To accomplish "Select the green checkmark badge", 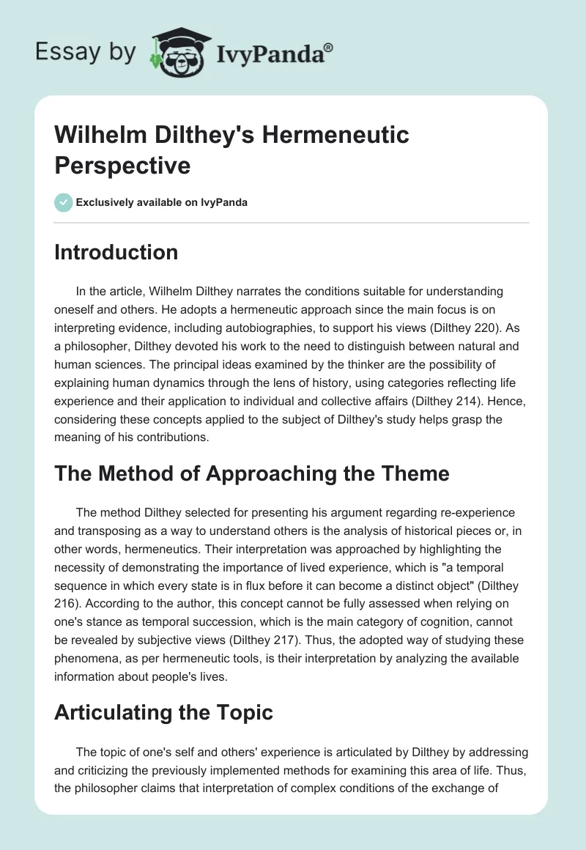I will tap(64, 202).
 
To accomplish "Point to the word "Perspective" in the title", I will tap(122, 165).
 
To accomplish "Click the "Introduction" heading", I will tap(116, 252).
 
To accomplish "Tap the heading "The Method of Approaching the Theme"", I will tap(251, 474).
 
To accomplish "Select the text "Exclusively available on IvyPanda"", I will tap(163, 203).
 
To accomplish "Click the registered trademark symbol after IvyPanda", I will tap(329, 47).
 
